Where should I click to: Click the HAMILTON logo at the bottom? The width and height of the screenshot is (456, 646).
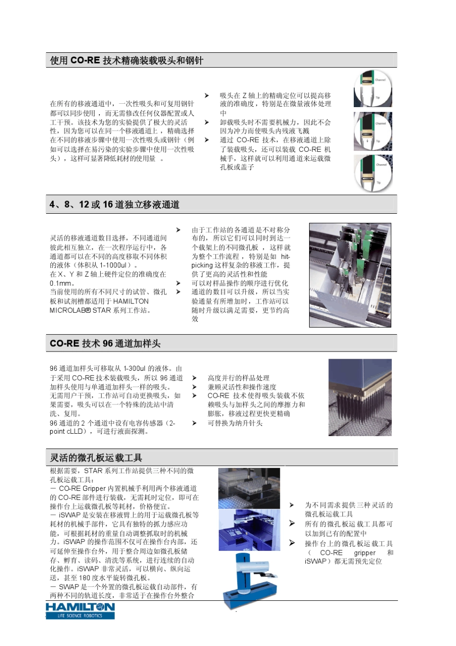tap(80, 610)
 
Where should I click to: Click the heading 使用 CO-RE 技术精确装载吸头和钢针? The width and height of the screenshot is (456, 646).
tap(127, 61)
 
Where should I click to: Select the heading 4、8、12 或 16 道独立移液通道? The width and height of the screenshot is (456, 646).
tap(115, 205)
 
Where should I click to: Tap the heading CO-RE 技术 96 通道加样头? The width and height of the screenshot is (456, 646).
tap(105, 343)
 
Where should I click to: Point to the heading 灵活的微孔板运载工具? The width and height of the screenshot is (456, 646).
tap(96, 458)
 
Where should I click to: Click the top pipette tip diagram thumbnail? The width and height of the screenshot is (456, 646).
tap(373, 89)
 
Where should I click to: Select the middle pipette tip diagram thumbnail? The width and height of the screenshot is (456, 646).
tap(373, 131)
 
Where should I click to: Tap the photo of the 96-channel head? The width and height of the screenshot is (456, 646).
tap(360, 397)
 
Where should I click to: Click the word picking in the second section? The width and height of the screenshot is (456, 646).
tap(202, 265)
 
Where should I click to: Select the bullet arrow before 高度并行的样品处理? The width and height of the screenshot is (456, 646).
tap(194, 378)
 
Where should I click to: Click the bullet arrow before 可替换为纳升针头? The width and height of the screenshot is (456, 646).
tap(194, 423)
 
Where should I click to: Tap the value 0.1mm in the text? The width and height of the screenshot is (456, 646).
tap(61, 283)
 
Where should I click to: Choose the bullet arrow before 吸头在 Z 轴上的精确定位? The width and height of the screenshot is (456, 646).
tap(207, 96)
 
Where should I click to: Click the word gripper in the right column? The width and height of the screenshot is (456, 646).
tap(365, 553)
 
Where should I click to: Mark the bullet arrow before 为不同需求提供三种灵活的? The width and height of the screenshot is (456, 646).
tap(292, 505)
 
